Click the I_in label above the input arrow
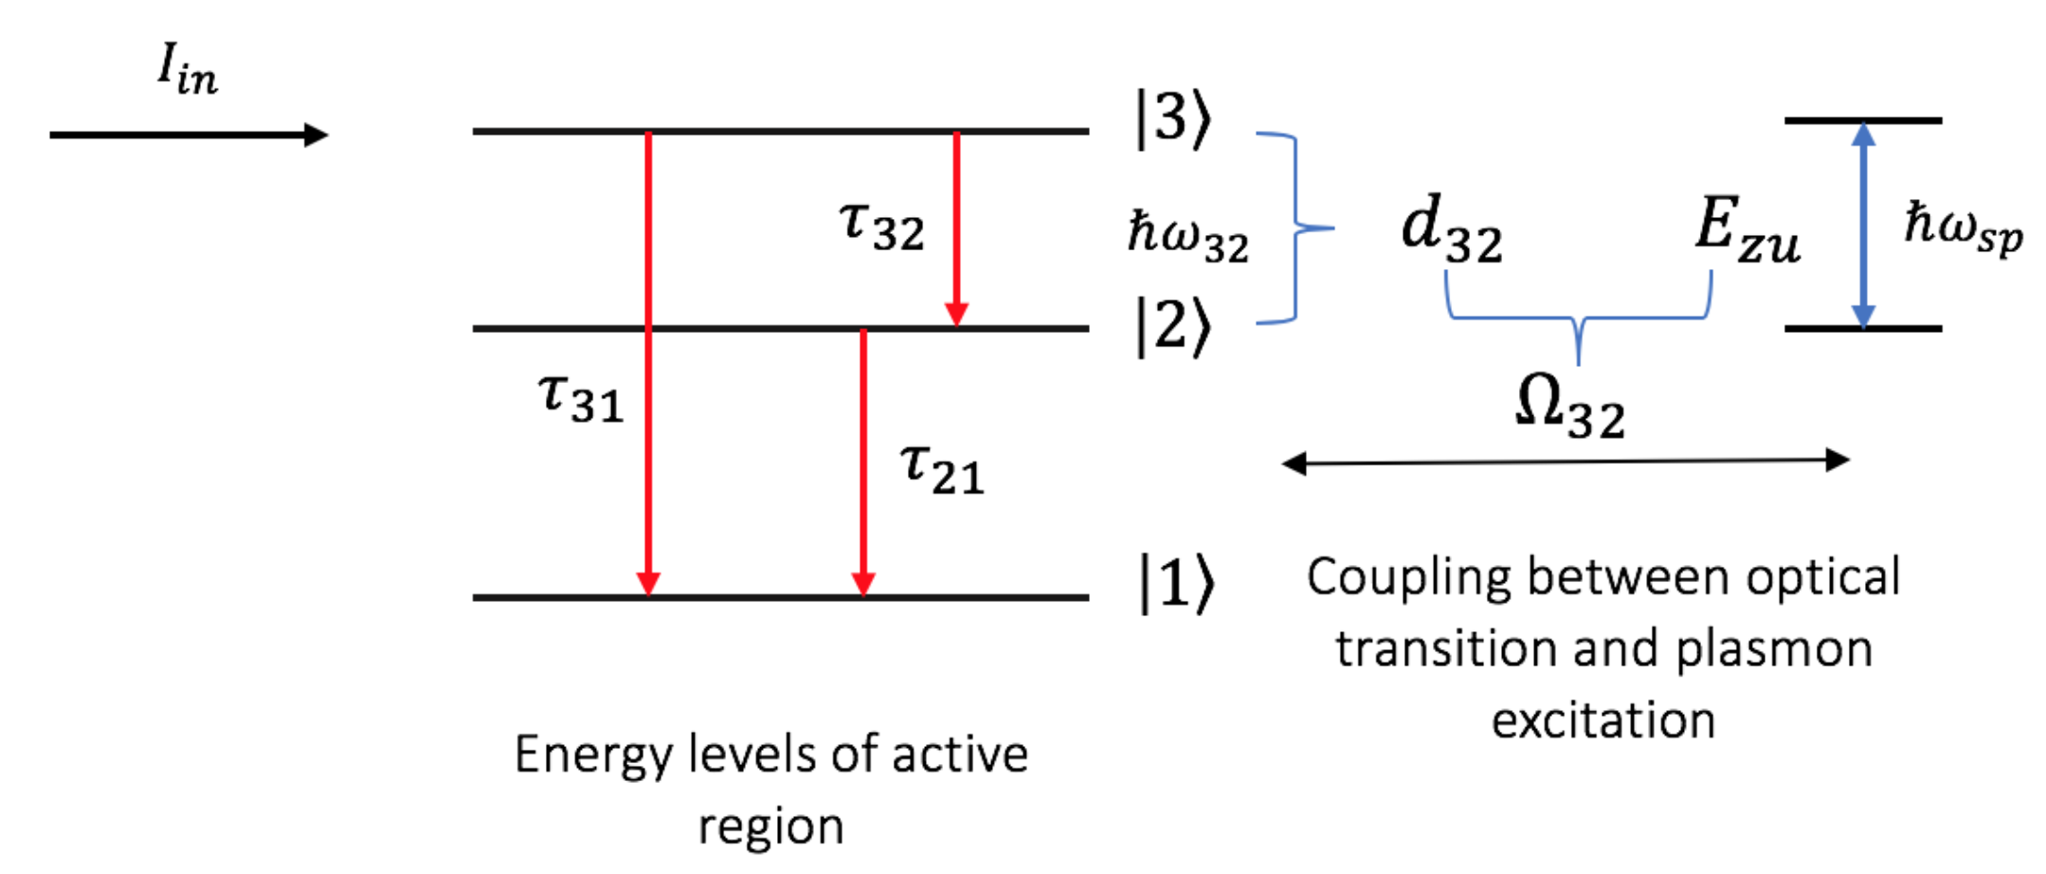click(x=187, y=69)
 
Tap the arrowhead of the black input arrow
click(x=317, y=135)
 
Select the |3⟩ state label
click(x=1173, y=119)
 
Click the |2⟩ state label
click(x=1173, y=327)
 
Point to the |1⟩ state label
click(x=1175, y=583)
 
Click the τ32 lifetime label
click(x=881, y=226)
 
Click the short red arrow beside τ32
click(x=956, y=228)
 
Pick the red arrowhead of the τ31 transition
click(x=648, y=582)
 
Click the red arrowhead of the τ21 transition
click(x=863, y=582)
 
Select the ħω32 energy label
click(x=1187, y=237)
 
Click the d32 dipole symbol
click(x=1451, y=228)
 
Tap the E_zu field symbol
click(x=1747, y=228)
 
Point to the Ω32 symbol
click(x=1569, y=406)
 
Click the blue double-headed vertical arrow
click(x=1863, y=226)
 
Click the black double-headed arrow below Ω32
click(x=1565, y=462)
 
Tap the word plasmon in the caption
click(x=1773, y=650)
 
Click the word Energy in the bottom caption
click(x=594, y=756)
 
